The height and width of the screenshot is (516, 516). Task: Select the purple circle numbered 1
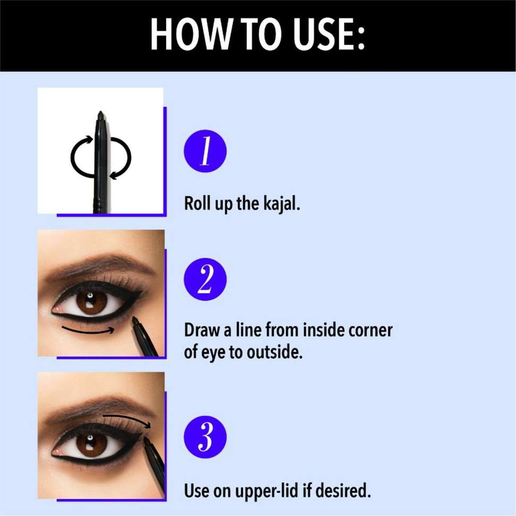[x=205, y=151]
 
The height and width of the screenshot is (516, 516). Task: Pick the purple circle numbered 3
[x=205, y=437]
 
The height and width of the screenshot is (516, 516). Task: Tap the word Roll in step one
[x=196, y=203]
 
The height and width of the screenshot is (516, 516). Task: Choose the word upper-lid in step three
[x=257, y=491]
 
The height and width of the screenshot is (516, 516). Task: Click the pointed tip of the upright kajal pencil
[x=100, y=114]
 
